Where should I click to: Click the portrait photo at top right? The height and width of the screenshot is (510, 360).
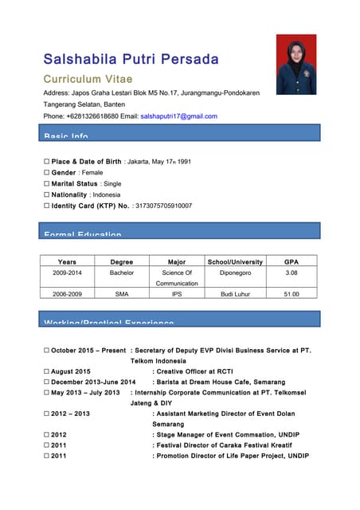click(x=296, y=65)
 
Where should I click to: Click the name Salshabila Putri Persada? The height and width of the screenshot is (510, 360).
click(x=131, y=60)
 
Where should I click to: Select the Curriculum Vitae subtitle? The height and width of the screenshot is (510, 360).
click(x=88, y=80)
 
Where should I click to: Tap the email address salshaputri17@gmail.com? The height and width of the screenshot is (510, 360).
click(x=178, y=116)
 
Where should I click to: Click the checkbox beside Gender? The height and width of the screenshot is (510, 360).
click(x=47, y=173)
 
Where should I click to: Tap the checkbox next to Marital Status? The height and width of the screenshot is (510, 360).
click(x=47, y=184)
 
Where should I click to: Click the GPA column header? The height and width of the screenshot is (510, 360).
click(x=292, y=261)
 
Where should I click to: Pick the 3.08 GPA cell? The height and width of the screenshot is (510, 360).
click(x=292, y=273)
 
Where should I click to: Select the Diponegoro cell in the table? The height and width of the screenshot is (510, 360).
click(x=235, y=273)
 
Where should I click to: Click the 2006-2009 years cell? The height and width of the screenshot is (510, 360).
click(x=68, y=295)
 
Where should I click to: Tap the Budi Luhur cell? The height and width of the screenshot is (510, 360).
click(x=235, y=295)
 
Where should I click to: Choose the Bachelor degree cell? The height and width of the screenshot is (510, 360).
click(x=122, y=273)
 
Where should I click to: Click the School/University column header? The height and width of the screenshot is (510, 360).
click(x=235, y=261)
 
